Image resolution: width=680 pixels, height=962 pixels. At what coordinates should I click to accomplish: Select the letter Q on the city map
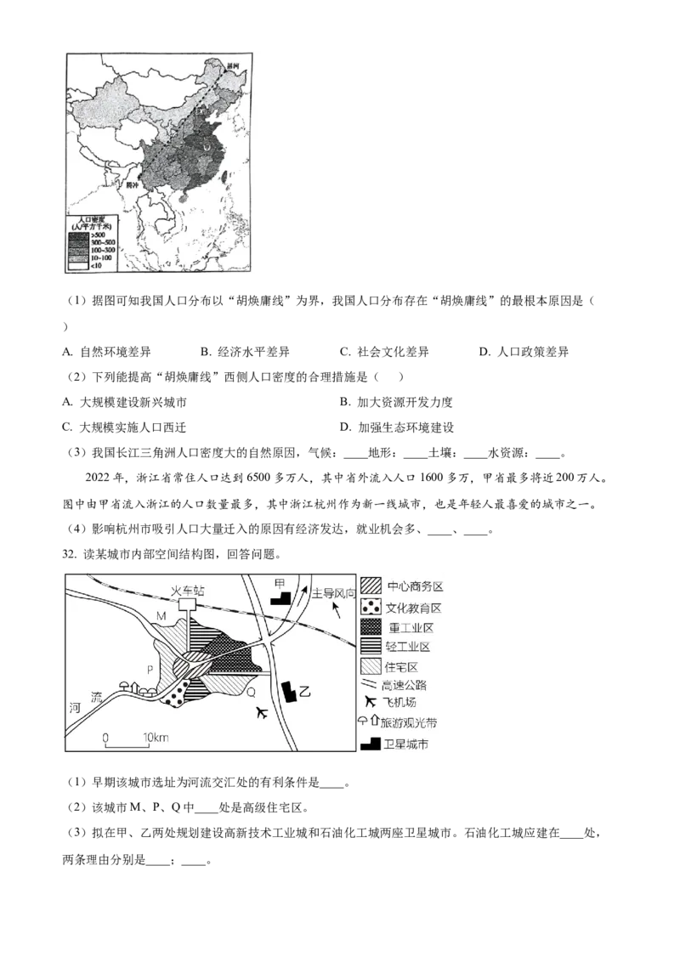click(x=251, y=693)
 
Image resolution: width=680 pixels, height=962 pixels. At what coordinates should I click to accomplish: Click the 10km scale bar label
click(x=156, y=737)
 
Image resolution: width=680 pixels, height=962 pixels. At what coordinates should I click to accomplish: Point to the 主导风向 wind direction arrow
click(x=337, y=609)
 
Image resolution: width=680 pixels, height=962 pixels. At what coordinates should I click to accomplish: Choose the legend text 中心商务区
click(x=415, y=586)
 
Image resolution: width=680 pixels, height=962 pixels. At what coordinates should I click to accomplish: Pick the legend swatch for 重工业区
click(x=371, y=628)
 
